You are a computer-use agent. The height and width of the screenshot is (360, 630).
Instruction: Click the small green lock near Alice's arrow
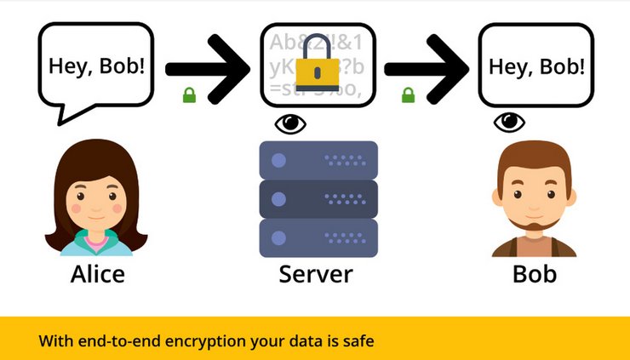pyautogui.click(x=189, y=94)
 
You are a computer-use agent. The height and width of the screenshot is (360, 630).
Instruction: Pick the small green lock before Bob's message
pyautogui.click(x=408, y=94)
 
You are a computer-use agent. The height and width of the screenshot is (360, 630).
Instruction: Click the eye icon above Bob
pyautogui.click(x=510, y=123)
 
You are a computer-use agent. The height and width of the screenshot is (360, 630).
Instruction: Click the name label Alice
pyautogui.click(x=97, y=274)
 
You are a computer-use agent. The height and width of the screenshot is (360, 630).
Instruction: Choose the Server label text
pyautogui.click(x=316, y=274)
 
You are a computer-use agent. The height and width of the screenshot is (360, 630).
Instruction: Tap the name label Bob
pyautogui.click(x=535, y=274)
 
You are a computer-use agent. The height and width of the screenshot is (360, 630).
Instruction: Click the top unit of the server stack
pyautogui.click(x=318, y=159)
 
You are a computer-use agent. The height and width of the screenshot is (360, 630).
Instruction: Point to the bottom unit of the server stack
pyautogui.click(x=318, y=237)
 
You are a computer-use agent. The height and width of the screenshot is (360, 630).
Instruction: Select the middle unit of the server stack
pyautogui.click(x=318, y=198)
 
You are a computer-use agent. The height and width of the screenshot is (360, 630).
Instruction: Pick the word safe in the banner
pyautogui.click(x=358, y=342)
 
